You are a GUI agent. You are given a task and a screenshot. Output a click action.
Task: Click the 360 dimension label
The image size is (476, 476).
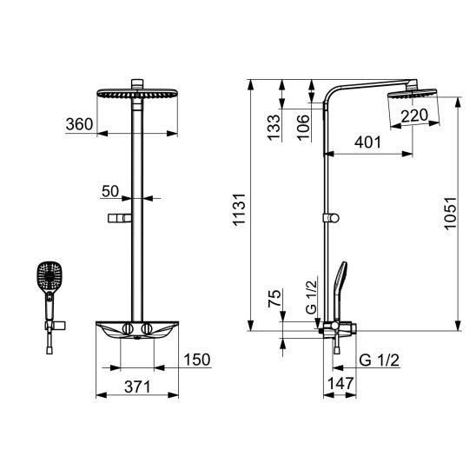tap(79, 124)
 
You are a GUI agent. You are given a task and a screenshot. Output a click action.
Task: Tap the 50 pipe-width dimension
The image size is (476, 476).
tap(110, 191)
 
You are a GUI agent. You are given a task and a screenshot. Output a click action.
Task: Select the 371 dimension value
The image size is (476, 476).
tap(137, 387)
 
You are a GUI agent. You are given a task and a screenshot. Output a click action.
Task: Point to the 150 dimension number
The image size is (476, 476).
tap(197, 360)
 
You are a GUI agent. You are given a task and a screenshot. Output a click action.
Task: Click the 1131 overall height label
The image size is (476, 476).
tap(239, 209)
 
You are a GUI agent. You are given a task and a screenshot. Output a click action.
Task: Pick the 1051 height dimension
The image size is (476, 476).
tap(450, 214)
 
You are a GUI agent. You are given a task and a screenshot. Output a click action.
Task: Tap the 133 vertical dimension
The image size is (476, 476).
tap(274, 127)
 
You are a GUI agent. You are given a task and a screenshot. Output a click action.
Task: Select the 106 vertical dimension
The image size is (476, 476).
tap(303, 128)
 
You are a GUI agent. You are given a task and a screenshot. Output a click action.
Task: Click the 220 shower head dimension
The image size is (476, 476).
tap(414, 116)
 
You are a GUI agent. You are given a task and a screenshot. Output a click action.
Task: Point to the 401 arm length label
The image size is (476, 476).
tap(367, 142)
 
